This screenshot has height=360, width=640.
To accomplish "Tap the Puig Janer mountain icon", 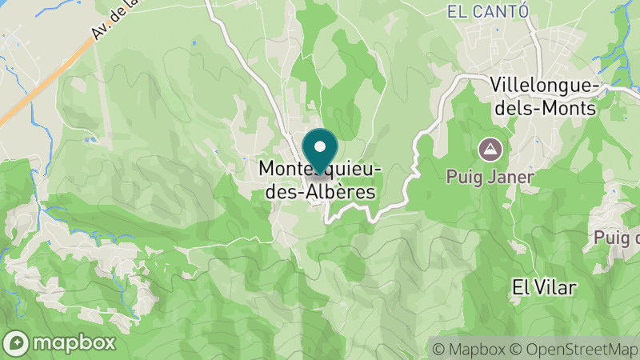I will click(x=488, y=148).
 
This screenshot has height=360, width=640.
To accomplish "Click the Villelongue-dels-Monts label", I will click(x=543, y=96).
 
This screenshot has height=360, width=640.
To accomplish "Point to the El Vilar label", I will click(x=544, y=286).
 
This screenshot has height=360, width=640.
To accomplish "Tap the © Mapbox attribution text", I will click(x=469, y=349).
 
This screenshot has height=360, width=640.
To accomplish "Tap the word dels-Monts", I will click(x=544, y=107).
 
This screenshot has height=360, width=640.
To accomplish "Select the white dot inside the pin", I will click(x=320, y=146).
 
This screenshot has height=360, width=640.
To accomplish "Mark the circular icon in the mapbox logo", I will click(x=16, y=342).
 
